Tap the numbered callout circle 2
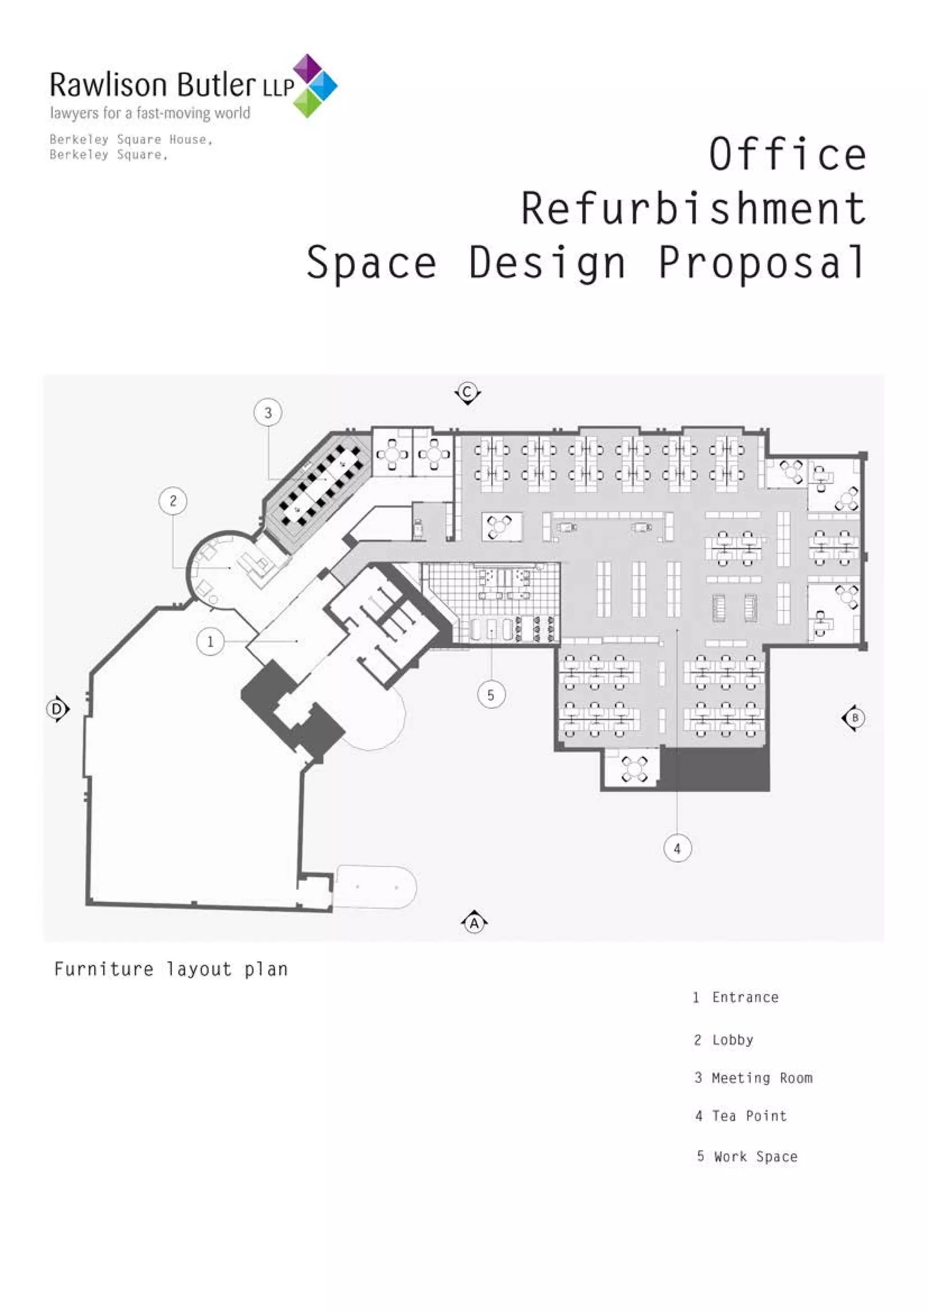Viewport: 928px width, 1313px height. tap(173, 501)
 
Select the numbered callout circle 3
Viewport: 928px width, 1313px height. tap(268, 412)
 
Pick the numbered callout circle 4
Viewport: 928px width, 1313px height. tap(677, 848)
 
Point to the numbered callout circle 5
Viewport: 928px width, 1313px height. tap(491, 695)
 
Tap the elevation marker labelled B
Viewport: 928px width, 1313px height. tap(854, 718)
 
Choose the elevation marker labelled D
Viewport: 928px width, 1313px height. tap(58, 709)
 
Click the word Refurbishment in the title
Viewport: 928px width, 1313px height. tap(694, 209)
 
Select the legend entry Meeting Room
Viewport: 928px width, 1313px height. tap(753, 1078)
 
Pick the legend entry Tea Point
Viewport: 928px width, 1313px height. tap(741, 1116)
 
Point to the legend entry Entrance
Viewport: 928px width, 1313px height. tap(735, 998)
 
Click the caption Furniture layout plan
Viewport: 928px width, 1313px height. tap(171, 969)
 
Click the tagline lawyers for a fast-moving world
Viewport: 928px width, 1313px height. tap(150, 113)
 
